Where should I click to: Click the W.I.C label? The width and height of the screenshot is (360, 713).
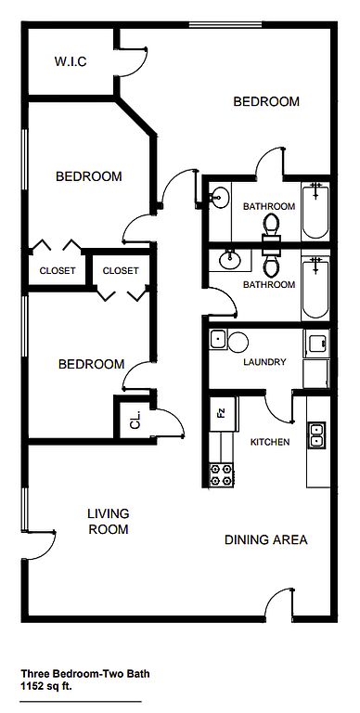71,62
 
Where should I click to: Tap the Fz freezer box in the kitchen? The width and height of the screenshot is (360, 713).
224,414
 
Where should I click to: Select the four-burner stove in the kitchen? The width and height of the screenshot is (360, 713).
222,474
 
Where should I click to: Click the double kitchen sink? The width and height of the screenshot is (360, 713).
316,435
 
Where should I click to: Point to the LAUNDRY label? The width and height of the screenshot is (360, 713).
264,362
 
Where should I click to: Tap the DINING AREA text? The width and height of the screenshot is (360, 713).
266,539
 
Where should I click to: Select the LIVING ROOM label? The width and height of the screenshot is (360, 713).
109,522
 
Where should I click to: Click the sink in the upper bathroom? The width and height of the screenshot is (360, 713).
221,198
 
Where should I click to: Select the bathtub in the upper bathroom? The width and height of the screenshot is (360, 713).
315,211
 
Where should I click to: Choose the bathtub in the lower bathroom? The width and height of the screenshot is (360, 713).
315,288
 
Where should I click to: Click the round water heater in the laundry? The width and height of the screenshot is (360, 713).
238,342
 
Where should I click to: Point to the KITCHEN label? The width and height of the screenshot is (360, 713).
270,442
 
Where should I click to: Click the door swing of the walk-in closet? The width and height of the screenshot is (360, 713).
133,62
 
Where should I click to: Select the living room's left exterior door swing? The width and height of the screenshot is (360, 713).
41,546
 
